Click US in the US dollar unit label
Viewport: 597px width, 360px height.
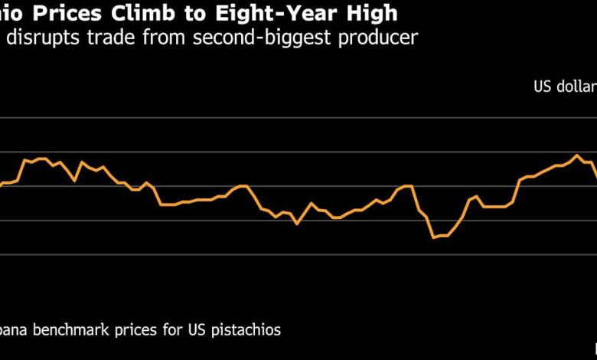tap(543, 87)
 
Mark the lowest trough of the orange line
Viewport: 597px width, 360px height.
tap(433, 237)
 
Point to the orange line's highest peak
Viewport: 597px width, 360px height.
tap(577, 155)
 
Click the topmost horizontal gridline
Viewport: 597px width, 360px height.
tap(298, 118)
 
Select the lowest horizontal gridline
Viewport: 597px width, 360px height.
tap(298, 254)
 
